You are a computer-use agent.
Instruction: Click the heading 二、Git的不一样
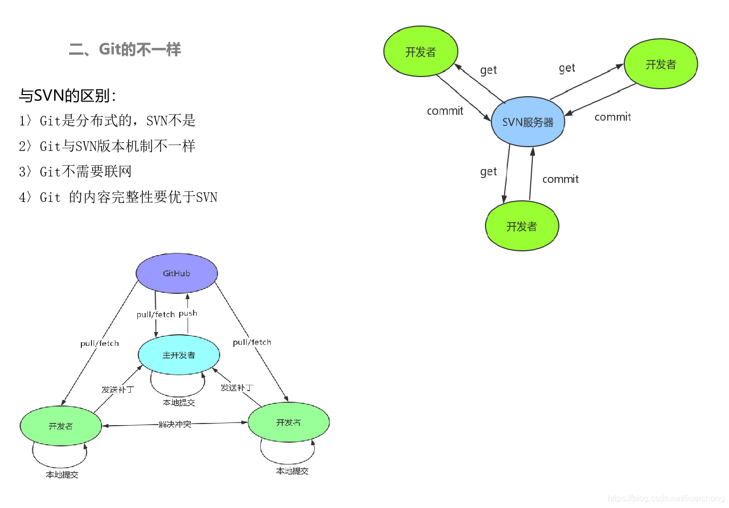(125, 49)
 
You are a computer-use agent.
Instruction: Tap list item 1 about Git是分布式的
(107, 121)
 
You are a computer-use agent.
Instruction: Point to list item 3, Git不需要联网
(75, 172)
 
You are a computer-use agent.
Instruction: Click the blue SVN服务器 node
(527, 122)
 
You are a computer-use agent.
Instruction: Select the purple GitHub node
(177, 273)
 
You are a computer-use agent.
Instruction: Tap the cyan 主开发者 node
(179, 355)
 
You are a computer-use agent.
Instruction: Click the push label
(188, 314)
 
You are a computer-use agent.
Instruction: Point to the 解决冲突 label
(175, 424)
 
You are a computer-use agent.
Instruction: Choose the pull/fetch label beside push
(155, 315)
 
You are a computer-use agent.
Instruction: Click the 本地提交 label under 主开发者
(179, 403)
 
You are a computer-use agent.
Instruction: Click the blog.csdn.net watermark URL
(666, 498)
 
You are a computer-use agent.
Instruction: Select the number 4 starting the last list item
(22, 197)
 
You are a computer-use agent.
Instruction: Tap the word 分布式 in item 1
(104, 121)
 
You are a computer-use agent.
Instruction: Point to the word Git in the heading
(110, 49)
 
